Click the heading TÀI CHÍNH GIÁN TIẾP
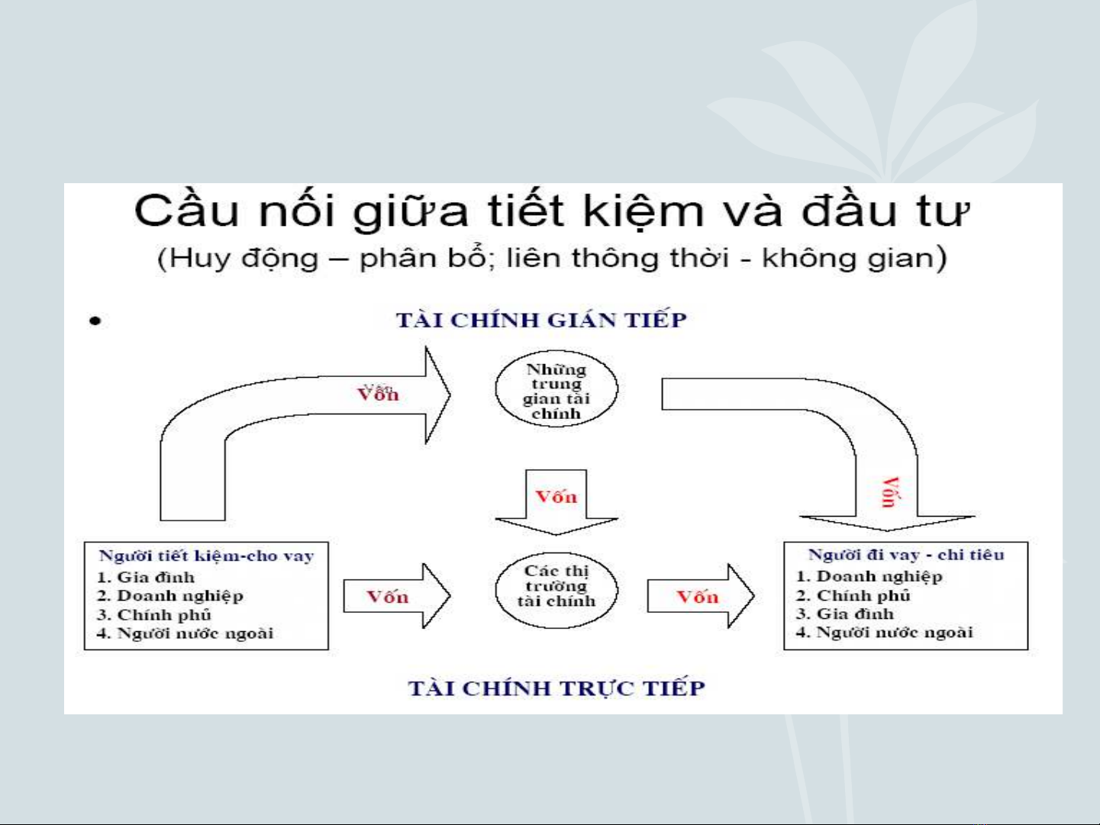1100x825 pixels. coord(541,320)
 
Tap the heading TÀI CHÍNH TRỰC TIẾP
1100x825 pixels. coord(556,688)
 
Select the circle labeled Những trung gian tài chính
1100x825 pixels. coord(556,388)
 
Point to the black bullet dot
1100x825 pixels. coord(95,321)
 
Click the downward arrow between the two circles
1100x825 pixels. coord(556,502)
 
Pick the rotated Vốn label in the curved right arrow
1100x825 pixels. coord(891,492)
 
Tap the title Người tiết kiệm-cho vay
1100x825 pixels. coord(206,556)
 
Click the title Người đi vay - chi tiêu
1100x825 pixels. coord(906,555)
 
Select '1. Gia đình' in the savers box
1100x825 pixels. coord(146,577)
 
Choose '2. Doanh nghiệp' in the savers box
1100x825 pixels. coord(170,596)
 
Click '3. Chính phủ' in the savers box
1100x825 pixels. coord(154,614)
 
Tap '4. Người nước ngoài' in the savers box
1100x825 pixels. coord(185,633)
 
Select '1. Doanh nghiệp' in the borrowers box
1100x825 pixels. coord(869,576)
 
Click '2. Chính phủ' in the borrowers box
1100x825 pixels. coord(853,595)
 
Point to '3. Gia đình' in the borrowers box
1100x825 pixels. coord(845,614)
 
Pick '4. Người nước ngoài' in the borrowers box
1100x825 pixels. coord(885,633)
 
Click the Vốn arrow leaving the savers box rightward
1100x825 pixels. coord(397,596)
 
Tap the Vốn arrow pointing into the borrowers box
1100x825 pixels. coord(701,596)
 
